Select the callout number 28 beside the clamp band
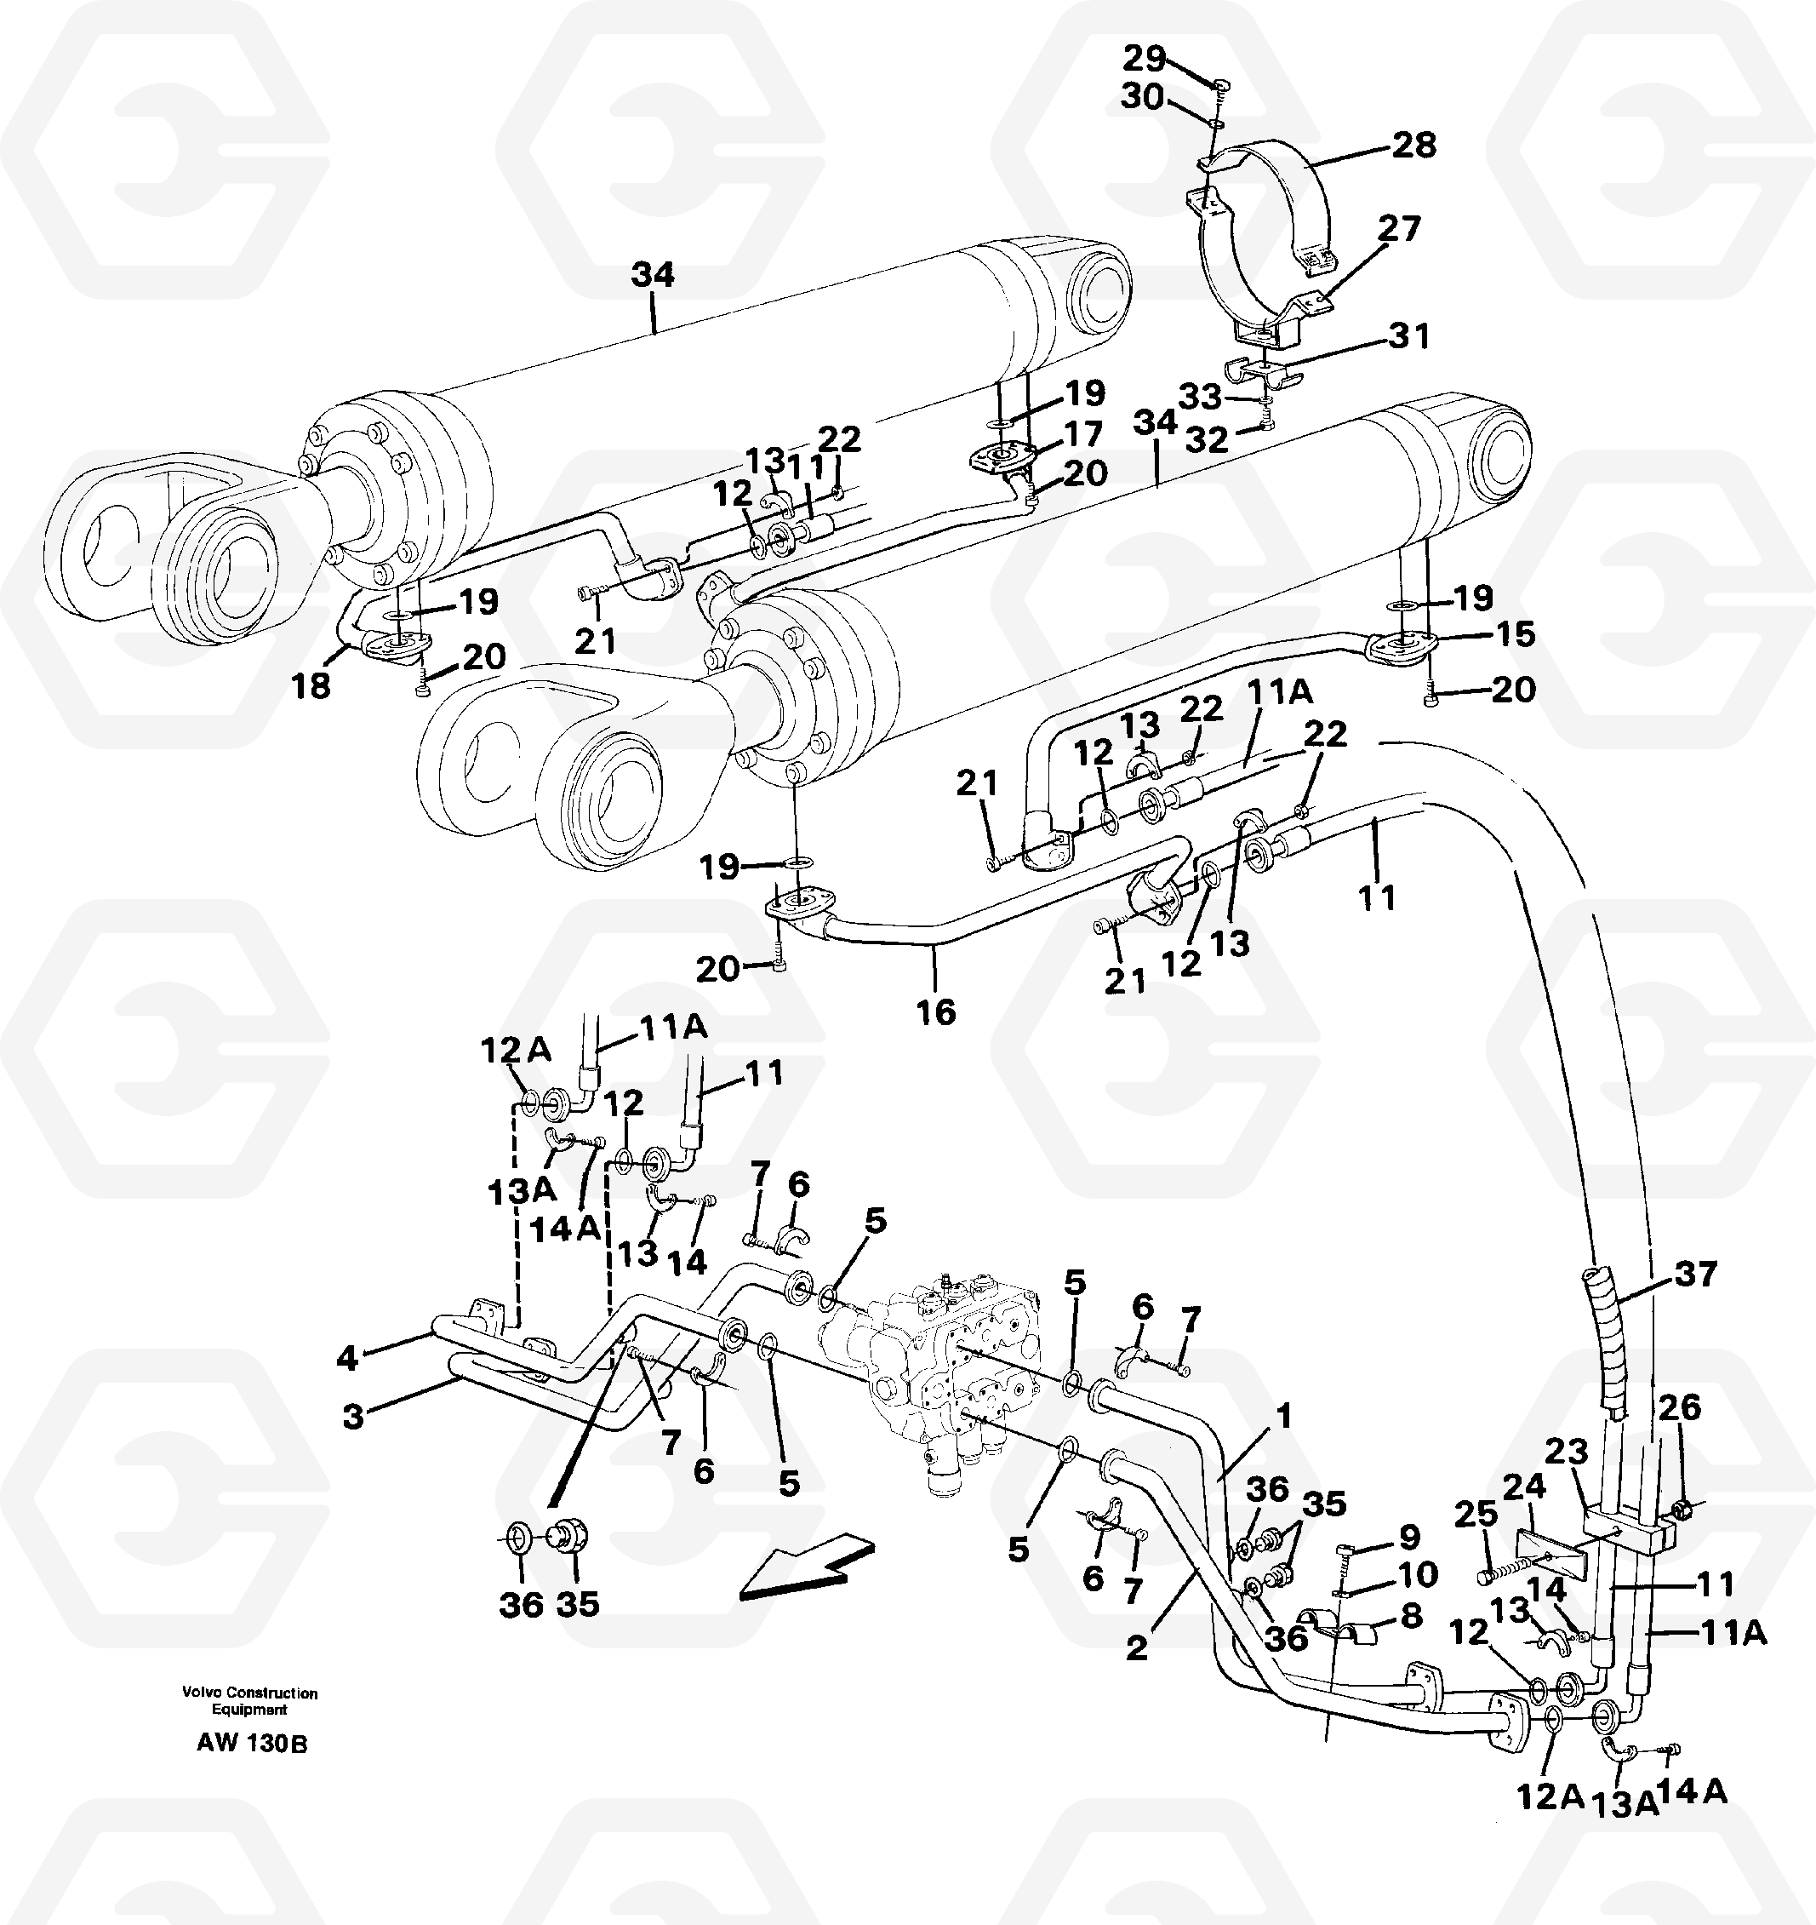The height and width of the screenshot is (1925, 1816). coord(1413,146)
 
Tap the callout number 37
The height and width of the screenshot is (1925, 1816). coord(1695,1274)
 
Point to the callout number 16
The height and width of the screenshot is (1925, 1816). coord(935,1012)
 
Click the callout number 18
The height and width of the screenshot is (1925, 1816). coord(311,685)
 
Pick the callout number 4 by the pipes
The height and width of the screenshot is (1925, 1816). coord(346,1358)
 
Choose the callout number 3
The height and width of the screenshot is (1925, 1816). coord(353,1417)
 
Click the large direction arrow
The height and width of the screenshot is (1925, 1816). coord(805,1567)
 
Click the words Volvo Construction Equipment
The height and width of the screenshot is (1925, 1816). coord(249,1701)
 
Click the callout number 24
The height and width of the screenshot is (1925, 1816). coord(1523,1486)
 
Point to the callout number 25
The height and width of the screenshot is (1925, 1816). coord(1476,1514)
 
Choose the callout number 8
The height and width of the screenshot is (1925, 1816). coord(1412,1615)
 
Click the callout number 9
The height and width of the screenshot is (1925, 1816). coord(1408,1537)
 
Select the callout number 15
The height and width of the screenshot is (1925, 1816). coord(1515,634)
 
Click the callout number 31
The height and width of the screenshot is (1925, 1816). coord(1408,337)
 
